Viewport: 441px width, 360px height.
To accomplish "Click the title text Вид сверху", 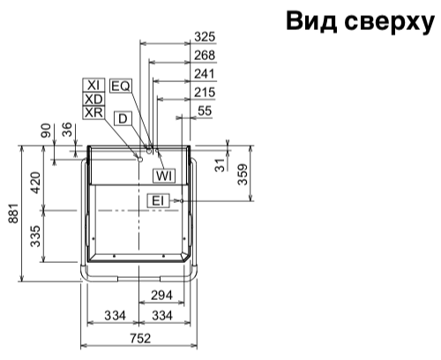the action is click(x=360, y=21).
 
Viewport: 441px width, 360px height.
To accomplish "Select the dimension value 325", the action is click(x=205, y=37).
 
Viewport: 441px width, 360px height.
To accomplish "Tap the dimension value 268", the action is click(x=205, y=56).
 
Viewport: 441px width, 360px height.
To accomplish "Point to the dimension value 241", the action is click(x=205, y=74).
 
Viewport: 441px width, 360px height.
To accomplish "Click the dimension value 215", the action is click(x=205, y=93).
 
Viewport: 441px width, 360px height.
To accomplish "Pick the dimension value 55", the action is click(x=205, y=111).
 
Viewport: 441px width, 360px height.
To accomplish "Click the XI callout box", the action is click(x=93, y=86).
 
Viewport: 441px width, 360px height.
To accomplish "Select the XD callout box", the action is click(x=93, y=99).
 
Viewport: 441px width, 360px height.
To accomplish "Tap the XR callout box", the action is click(x=93, y=112).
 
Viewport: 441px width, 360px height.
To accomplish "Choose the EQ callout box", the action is click(x=121, y=86).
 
